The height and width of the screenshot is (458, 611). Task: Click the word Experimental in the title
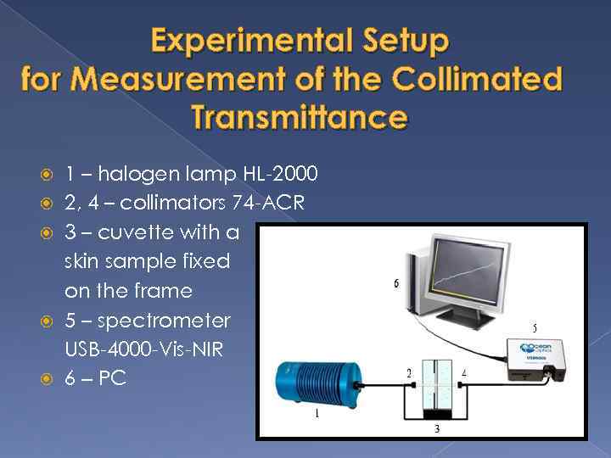point(233,41)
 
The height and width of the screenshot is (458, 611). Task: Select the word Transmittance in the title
point(300,117)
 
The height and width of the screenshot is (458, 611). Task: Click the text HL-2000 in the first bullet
point(280,175)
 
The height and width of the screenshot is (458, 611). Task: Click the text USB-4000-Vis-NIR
point(143,349)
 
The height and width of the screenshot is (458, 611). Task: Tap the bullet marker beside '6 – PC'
point(48,378)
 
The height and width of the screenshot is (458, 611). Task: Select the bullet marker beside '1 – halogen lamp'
point(48,176)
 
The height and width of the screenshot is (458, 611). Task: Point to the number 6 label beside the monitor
point(396,284)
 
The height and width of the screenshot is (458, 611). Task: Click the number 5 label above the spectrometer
point(534,327)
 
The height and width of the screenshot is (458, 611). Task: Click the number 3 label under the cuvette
point(436,429)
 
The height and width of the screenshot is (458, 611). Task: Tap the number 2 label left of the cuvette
point(409,373)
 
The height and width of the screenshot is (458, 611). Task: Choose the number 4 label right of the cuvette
point(463,373)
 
